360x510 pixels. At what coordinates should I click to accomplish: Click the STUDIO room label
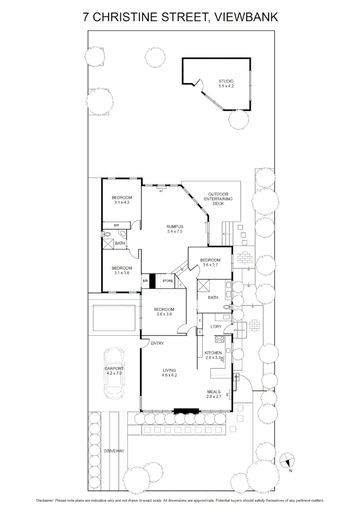click(226, 81)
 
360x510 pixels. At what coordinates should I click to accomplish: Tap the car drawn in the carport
click(114, 373)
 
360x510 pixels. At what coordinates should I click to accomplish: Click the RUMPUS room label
click(174, 226)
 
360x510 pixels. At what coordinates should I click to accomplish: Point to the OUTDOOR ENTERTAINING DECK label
click(218, 199)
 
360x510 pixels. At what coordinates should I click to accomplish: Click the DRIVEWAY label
click(114, 451)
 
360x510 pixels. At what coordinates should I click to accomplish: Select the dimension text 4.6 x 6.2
click(169, 375)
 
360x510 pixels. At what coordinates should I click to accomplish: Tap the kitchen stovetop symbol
click(219, 339)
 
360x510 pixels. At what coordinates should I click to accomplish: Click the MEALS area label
click(214, 391)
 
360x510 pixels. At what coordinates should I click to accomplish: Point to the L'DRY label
click(210, 326)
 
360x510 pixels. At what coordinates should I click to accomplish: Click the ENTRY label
click(157, 343)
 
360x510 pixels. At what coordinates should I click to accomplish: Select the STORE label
click(167, 281)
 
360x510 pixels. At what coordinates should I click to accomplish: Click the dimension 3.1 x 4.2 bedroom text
click(122, 202)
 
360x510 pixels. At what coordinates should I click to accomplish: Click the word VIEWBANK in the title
click(246, 17)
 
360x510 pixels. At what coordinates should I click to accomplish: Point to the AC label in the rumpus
click(161, 191)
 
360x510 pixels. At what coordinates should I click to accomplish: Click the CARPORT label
click(114, 368)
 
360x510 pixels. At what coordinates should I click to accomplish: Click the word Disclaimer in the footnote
click(45, 500)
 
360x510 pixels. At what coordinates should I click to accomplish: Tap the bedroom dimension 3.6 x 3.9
click(165, 314)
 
